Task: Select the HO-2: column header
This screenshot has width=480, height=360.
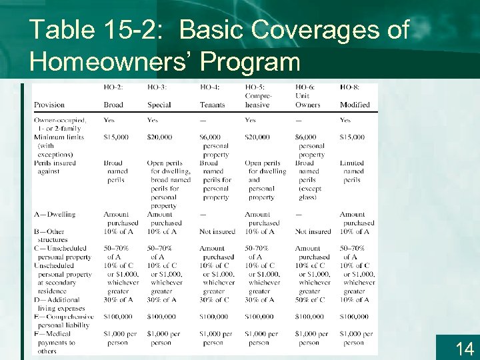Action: [x=113, y=87]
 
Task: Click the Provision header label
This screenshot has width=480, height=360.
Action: [x=49, y=105]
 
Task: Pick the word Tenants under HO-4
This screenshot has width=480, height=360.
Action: [x=213, y=105]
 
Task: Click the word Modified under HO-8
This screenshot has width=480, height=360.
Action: [x=354, y=105]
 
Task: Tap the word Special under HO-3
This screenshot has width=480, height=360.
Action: [x=159, y=105]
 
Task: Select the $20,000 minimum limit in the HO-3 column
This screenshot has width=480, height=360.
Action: [x=160, y=137]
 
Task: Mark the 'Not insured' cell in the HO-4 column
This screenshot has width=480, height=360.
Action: [x=217, y=231]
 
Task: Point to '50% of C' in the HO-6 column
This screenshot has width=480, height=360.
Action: [x=310, y=299]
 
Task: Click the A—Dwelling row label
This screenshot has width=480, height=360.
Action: [x=55, y=215]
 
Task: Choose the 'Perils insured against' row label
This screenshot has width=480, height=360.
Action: [x=55, y=167]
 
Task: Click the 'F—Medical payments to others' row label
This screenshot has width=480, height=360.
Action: [x=55, y=343]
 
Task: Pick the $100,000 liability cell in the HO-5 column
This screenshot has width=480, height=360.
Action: [x=259, y=317]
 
